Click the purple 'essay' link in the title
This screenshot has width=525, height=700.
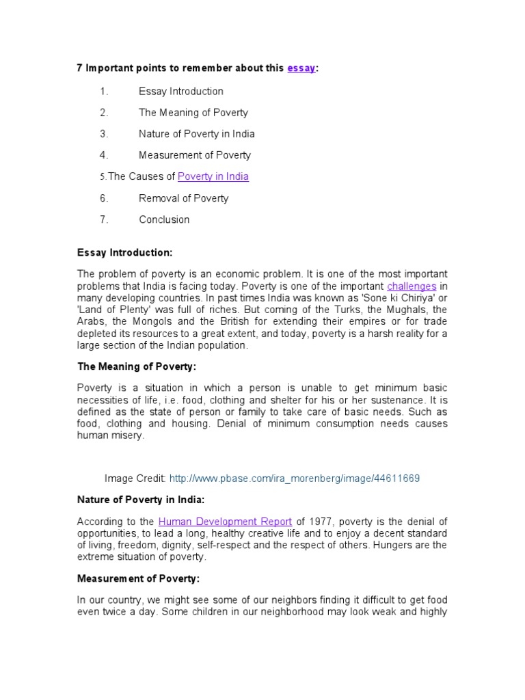pyautogui.click(x=301, y=68)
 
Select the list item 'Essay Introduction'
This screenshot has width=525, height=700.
pyautogui.click(x=180, y=91)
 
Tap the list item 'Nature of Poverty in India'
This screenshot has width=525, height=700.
pyautogui.click(x=196, y=134)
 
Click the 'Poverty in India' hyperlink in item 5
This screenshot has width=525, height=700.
pyautogui.click(x=213, y=176)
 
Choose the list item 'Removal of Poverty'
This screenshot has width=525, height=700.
pyautogui.click(x=183, y=198)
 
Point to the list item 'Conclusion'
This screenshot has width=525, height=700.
pyautogui.click(x=164, y=219)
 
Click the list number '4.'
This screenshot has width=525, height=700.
pyautogui.click(x=104, y=155)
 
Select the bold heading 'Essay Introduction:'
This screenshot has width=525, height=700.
pyautogui.click(x=124, y=253)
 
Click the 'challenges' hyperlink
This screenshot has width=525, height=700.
pyautogui.click(x=412, y=286)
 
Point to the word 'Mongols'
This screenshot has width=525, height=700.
pyautogui.click(x=150, y=321)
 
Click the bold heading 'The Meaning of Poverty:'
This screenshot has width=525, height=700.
pyautogui.click(x=136, y=366)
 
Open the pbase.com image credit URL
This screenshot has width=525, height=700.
pyautogui.click(x=294, y=479)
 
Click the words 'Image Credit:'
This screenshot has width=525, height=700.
pyautogui.click(x=135, y=479)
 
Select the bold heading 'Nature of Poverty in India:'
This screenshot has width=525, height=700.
pyautogui.click(x=141, y=500)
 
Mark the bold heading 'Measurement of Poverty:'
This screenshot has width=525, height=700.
pyautogui.click(x=138, y=578)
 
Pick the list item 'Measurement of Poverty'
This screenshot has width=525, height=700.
pyautogui.click(x=195, y=155)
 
